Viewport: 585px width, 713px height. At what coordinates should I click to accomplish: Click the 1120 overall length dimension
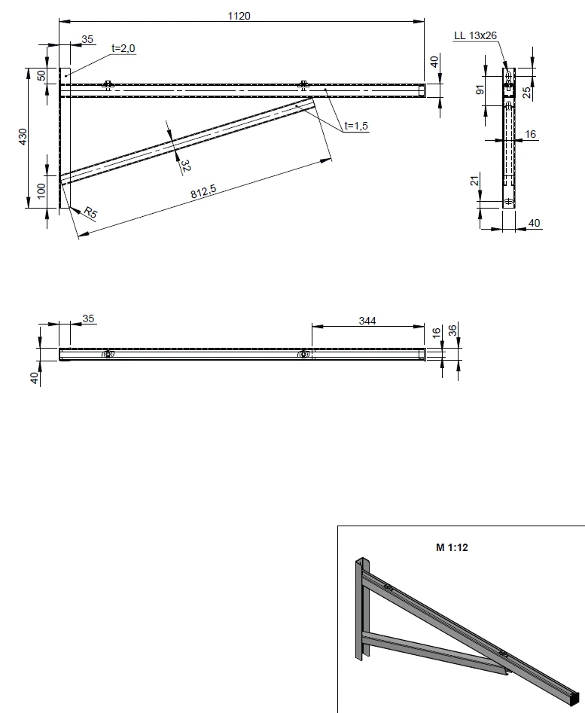tap(239, 16)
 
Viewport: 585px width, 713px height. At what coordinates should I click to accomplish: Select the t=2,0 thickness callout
tap(123, 48)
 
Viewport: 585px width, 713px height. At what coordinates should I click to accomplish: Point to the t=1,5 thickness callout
tap(356, 126)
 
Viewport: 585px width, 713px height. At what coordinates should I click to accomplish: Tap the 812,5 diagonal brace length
tap(203, 191)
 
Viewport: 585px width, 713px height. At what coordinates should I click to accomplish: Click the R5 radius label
tap(90, 212)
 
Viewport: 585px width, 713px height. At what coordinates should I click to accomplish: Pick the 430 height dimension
tap(23, 137)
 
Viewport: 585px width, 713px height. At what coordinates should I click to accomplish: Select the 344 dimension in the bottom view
tap(367, 321)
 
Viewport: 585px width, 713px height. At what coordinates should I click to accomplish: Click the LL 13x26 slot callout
tap(476, 35)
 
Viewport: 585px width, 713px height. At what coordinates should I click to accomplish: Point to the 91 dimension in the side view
tap(480, 90)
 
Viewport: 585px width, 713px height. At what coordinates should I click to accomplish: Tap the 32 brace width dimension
tap(185, 166)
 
